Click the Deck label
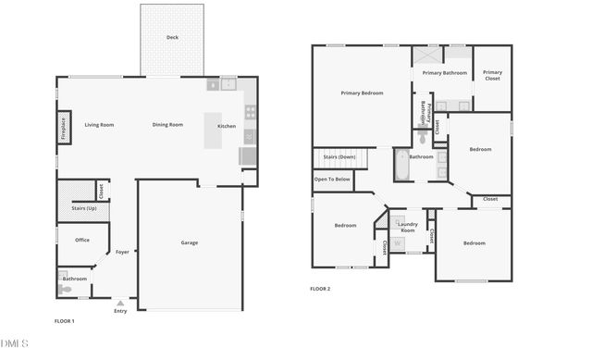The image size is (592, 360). tap(172, 37)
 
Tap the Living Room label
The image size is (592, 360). tap(99, 125)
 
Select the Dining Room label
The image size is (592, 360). tap(167, 125)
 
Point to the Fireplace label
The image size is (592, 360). tap(64, 127)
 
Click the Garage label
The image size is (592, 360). tap(189, 242)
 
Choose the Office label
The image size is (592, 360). tap(82, 240)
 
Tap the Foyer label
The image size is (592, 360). tap(122, 252)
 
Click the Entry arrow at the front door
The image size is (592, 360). tap(120, 302)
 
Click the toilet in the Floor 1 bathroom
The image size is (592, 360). tap(64, 288)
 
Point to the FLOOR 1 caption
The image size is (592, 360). tap(65, 321)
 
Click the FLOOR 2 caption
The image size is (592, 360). tap(320, 289)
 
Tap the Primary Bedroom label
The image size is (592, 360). tap(362, 93)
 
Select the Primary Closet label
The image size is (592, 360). tap(492, 75)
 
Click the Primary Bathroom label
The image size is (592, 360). tap(444, 72)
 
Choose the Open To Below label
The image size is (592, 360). tap(332, 179)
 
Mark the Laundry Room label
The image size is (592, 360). tap(407, 227)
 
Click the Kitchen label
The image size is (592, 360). tap(226, 126)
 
